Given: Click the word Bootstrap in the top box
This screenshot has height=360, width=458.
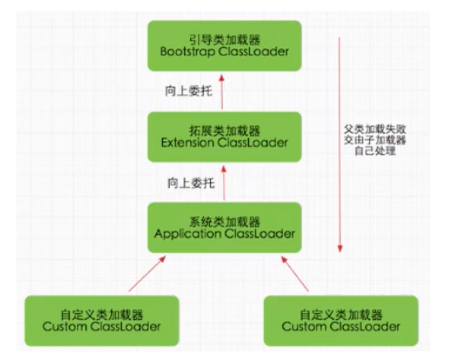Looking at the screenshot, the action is click(188, 52).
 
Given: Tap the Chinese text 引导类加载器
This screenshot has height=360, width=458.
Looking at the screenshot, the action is click(224, 40).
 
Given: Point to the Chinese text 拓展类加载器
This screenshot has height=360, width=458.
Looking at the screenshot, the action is click(224, 131).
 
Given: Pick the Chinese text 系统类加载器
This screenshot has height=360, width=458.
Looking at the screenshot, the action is click(224, 222).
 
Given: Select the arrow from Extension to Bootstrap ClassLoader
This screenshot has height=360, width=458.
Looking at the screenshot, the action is click(222, 92).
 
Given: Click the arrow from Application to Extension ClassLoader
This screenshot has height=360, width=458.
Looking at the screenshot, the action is click(224, 183).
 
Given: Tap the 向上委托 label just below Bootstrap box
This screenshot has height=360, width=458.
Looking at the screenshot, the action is click(188, 91).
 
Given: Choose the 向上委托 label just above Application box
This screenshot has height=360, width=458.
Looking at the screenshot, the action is click(191, 183).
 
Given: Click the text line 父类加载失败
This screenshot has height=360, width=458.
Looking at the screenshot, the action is click(375, 129).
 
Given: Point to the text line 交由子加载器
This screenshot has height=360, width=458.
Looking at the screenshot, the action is click(375, 140).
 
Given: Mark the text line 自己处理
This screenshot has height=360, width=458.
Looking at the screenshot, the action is click(375, 151).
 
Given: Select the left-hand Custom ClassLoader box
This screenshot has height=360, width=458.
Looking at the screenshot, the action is click(101, 321).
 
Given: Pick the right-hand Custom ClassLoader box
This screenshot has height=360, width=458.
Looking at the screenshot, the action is click(341, 321).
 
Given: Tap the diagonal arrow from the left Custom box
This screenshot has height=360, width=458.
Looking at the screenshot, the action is click(147, 274).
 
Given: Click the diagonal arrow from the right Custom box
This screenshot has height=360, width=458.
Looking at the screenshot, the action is click(295, 274).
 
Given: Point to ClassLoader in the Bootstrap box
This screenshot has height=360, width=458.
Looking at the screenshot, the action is click(254, 52).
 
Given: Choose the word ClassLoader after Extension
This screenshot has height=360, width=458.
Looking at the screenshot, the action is click(252, 142).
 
